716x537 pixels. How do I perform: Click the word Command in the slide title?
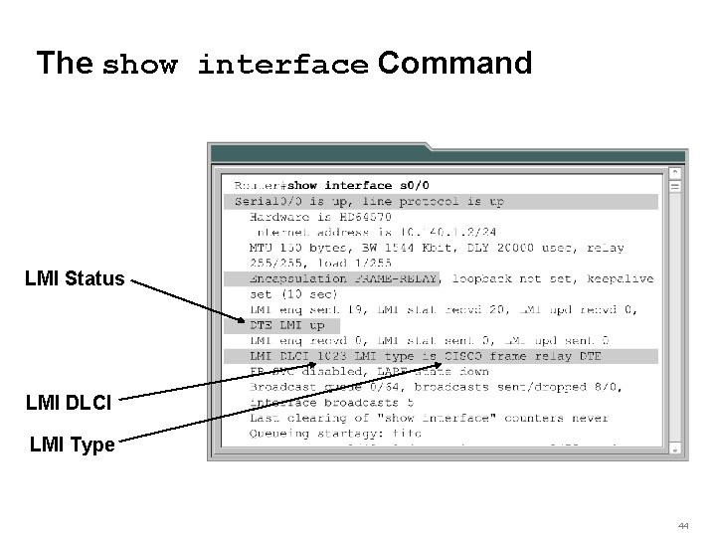click(454, 64)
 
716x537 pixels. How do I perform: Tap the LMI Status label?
click(76, 279)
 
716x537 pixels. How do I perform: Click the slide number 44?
click(684, 525)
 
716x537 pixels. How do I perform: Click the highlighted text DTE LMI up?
click(287, 325)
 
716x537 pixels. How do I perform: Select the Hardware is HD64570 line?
click(320, 216)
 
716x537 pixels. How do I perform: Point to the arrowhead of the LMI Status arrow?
click(247, 323)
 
